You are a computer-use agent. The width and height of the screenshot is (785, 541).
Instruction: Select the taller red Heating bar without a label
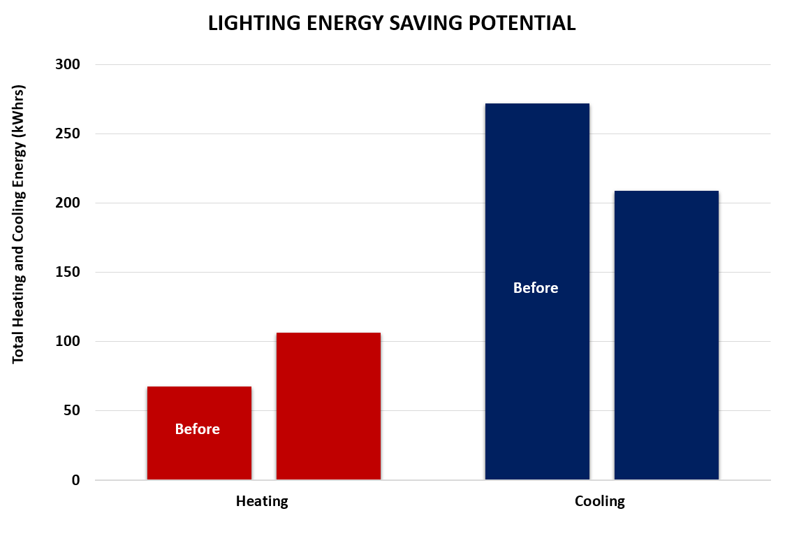328,405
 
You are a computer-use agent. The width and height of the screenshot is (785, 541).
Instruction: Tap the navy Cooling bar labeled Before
537,210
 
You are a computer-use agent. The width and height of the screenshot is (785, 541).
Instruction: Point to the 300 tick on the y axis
68,64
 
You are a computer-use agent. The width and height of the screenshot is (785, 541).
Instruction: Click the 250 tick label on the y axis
68,134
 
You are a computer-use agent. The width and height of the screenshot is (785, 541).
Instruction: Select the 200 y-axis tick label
68,203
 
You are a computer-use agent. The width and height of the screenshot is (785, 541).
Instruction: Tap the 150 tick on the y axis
68,272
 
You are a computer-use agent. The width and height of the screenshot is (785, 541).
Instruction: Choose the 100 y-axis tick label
68,341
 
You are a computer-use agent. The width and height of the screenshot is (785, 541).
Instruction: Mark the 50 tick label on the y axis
72,410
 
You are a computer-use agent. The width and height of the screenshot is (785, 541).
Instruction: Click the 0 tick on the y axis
76,480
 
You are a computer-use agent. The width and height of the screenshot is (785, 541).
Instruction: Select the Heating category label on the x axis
262,501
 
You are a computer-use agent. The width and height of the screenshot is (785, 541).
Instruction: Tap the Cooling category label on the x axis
600,501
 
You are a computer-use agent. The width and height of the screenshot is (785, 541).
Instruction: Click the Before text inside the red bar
197,429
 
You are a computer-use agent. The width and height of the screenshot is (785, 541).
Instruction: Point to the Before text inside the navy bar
536,288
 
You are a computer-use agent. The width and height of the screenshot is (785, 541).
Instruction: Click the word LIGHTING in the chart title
249,24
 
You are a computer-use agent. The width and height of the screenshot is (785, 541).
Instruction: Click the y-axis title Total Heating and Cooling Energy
19,224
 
